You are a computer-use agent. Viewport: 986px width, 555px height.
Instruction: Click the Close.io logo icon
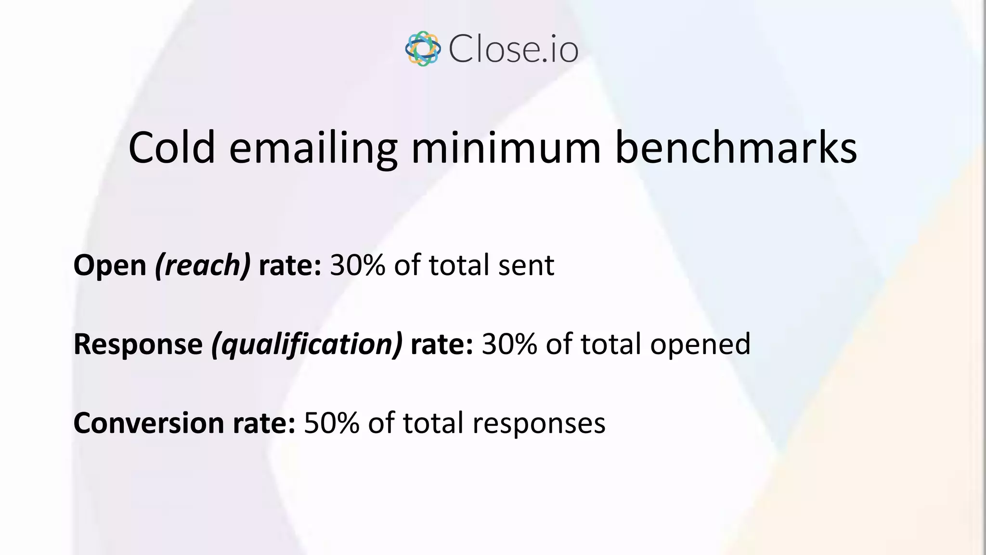(x=423, y=49)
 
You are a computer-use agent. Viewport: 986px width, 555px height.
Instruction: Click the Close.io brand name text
(x=513, y=49)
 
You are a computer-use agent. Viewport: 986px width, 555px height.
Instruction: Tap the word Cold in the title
(x=171, y=148)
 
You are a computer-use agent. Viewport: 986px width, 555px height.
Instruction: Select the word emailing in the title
(x=313, y=149)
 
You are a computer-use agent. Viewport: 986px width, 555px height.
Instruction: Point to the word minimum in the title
(x=506, y=148)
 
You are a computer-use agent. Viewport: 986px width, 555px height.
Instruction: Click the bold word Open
(x=110, y=265)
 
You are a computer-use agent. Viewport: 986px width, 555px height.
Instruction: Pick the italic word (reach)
(x=203, y=265)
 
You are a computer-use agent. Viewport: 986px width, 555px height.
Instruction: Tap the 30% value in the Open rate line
(x=358, y=265)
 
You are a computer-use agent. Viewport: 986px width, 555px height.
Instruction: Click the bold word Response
(x=138, y=345)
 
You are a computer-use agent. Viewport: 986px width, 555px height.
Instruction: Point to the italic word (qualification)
(x=307, y=345)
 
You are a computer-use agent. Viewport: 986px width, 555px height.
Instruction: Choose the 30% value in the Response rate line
(x=509, y=345)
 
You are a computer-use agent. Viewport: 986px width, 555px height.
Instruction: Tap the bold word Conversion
(x=149, y=423)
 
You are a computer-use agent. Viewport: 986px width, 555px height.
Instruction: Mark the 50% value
(x=332, y=423)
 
